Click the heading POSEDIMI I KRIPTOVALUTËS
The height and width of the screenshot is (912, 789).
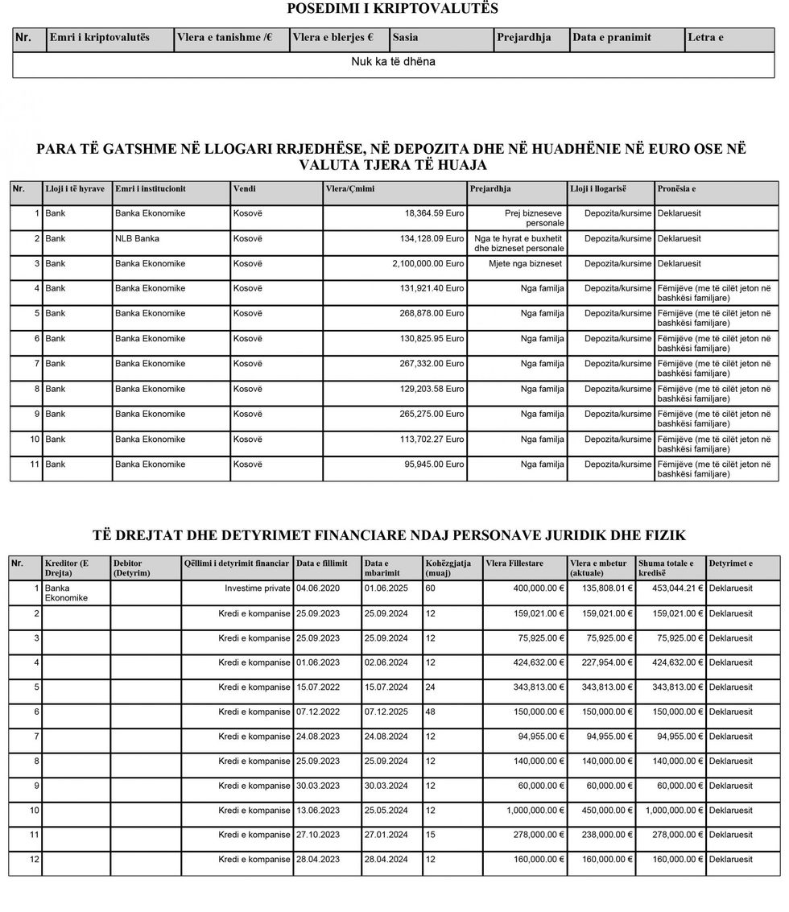click(x=392, y=9)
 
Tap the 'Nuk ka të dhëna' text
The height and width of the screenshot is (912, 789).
click(x=393, y=61)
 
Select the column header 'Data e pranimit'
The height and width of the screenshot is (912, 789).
click(x=611, y=38)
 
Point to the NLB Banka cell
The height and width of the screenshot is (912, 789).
click(x=137, y=238)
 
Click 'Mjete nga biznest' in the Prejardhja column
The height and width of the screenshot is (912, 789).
click(x=525, y=263)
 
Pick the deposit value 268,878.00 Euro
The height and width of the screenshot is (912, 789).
click(x=432, y=313)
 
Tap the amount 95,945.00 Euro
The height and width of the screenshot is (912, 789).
click(x=434, y=464)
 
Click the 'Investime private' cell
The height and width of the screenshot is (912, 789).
click(x=257, y=588)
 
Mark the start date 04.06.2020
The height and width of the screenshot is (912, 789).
click(x=318, y=588)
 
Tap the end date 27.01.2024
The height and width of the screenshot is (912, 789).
click(x=386, y=836)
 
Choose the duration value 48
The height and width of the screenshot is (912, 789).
click(x=431, y=712)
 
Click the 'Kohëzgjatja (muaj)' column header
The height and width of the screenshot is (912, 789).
click(x=448, y=567)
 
